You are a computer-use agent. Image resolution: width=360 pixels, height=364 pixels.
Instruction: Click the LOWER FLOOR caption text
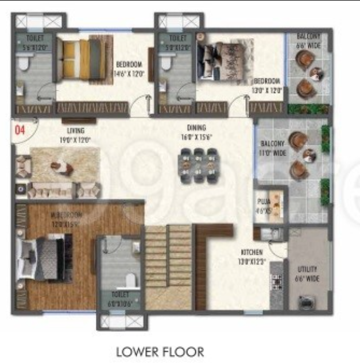[x=160, y=351]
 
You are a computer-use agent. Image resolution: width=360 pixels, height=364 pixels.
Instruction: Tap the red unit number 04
[x=20, y=130]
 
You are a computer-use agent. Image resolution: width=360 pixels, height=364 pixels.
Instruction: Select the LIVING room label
[x=75, y=130]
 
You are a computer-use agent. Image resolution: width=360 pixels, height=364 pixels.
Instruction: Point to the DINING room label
[x=196, y=127]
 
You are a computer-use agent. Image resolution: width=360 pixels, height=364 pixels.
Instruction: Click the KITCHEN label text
[x=252, y=252]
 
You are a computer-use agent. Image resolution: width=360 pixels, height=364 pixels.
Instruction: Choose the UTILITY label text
[x=308, y=269]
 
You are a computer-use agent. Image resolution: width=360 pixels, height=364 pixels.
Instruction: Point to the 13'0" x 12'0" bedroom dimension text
[x=266, y=90]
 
